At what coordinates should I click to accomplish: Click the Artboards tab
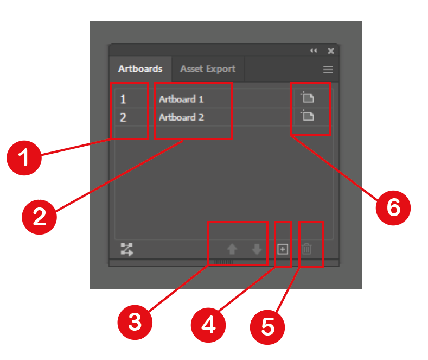click(140, 68)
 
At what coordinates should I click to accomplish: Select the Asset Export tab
click(208, 69)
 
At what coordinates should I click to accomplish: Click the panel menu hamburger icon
click(328, 70)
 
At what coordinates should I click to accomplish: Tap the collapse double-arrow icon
click(314, 50)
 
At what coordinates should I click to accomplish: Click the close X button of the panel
click(331, 51)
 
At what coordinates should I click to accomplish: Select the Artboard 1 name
click(181, 99)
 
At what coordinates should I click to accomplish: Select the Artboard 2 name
click(182, 117)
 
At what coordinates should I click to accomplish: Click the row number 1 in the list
click(123, 99)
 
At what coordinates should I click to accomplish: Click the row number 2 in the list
click(123, 117)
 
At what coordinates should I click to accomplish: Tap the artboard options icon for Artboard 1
click(308, 97)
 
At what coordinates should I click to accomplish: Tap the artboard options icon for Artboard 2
click(308, 115)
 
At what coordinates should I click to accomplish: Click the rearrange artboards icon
click(127, 249)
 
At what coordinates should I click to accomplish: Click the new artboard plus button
click(283, 249)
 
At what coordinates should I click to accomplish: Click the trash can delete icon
click(306, 249)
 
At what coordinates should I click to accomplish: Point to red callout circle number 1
click(24, 158)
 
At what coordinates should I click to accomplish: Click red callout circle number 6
click(393, 208)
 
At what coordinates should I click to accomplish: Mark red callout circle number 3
click(135, 323)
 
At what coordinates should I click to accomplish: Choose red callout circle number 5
click(267, 327)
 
